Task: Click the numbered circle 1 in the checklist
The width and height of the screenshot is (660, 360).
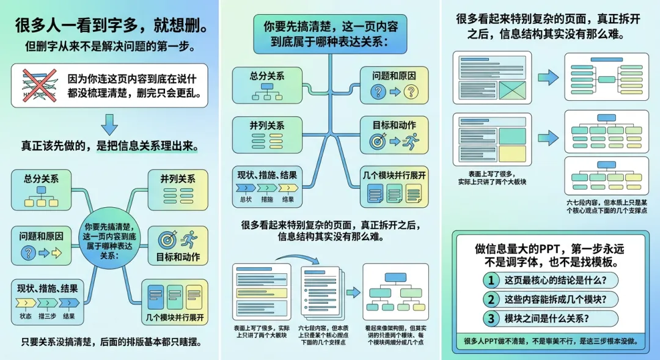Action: coord(490,281)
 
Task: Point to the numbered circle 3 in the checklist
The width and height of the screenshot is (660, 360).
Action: coord(490,318)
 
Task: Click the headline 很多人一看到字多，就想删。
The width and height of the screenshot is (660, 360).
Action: coord(109,27)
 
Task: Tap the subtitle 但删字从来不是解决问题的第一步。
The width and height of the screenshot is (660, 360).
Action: coord(109,47)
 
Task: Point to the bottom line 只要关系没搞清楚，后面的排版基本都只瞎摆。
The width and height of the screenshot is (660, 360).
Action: coord(109,342)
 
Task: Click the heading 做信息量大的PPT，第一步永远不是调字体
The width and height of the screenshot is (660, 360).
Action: coord(550,255)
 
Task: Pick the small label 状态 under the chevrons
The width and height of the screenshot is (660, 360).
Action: coord(26,316)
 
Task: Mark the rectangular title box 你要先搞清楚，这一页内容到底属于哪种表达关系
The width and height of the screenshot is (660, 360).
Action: coord(330,35)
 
